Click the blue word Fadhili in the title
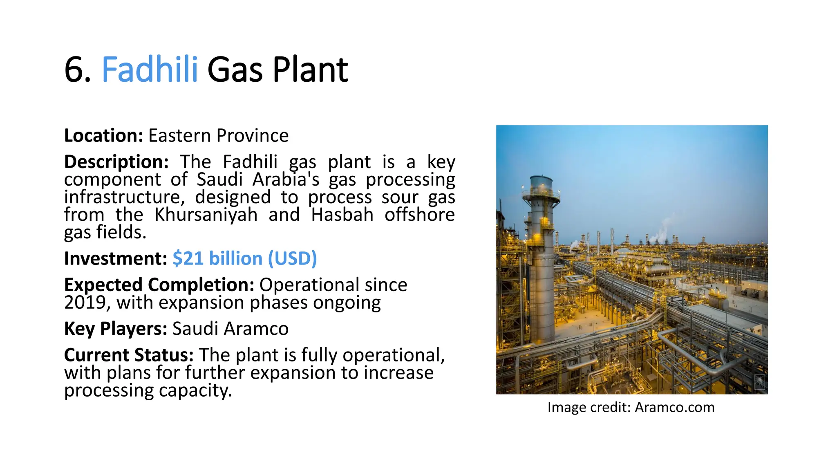[x=150, y=70]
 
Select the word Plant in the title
[x=310, y=70]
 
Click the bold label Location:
[x=103, y=136]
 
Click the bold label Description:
[x=116, y=162]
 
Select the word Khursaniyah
[x=206, y=215]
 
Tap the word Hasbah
[x=342, y=215]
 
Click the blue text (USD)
[x=292, y=258]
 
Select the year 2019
[x=85, y=303]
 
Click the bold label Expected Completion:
[x=159, y=285]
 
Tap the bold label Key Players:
[x=116, y=329]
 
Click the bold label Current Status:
[x=129, y=355]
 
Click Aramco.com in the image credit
[x=674, y=407]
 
